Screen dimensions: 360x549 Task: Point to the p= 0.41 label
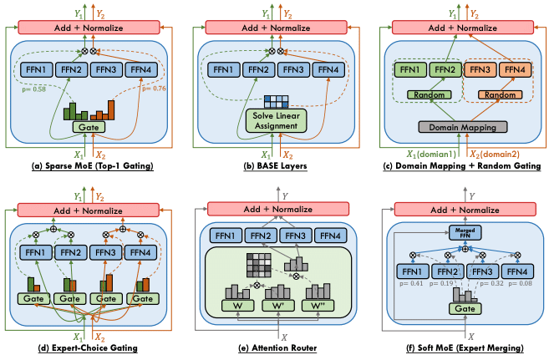coord(414,282)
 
